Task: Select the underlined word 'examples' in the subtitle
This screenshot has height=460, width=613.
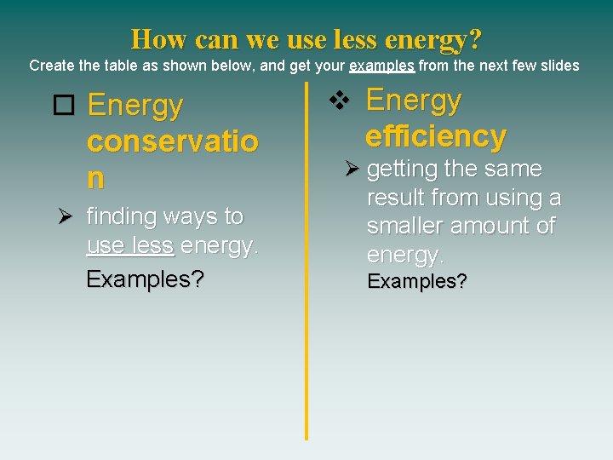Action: coord(382,66)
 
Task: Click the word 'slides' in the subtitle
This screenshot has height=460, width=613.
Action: coord(559,66)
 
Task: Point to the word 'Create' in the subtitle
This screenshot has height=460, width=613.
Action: coord(50,66)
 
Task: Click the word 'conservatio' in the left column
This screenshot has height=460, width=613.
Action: coord(172,142)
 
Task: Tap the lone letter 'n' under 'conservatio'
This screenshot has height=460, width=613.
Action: coord(95,178)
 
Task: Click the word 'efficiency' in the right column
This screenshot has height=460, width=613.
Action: coord(436,136)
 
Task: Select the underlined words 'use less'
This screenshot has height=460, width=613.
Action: coord(130,246)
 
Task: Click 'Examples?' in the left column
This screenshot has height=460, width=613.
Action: coord(145,279)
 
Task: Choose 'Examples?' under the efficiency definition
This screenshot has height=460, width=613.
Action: coord(416,282)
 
